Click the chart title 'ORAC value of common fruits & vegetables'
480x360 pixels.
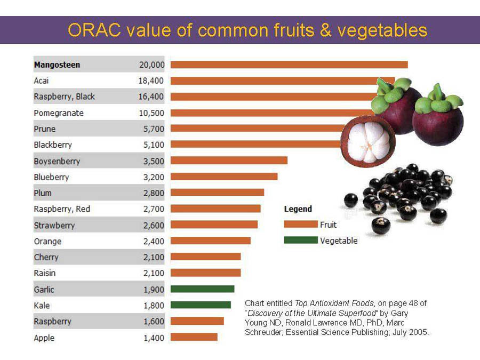[247, 30]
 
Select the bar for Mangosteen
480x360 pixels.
[289, 65]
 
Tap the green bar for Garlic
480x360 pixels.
[202, 289]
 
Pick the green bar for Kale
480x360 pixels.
[201, 305]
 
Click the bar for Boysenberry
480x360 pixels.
[229, 161]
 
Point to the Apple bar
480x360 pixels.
[194, 337]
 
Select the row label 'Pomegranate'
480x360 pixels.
[59, 113]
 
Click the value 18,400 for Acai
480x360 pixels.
[151, 81]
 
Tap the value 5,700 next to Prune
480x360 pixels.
[154, 129]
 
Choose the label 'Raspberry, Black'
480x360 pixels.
[65, 97]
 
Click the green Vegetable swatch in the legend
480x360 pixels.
[300, 240]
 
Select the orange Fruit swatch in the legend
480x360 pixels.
[300, 225]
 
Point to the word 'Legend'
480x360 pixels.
[298, 209]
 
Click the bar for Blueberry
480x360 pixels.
[224, 177]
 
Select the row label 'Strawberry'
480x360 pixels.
[54, 225]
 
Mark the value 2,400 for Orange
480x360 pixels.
[154, 241]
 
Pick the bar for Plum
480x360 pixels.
[217, 193]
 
